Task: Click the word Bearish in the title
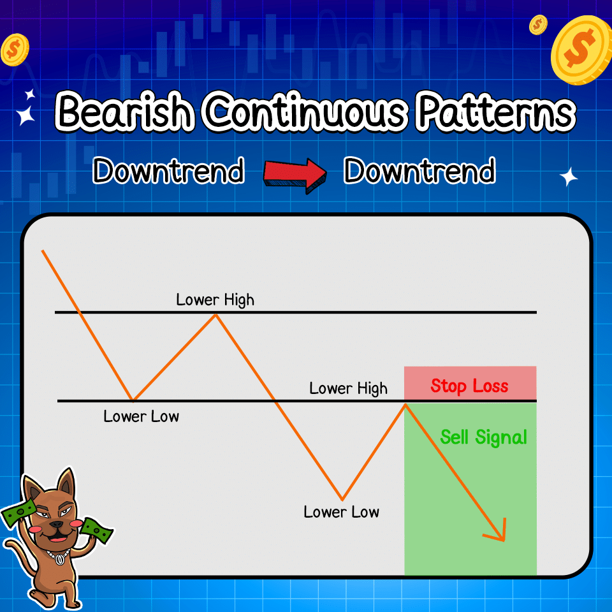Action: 124,113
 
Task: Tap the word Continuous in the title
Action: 305,113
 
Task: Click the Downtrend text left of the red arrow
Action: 168,171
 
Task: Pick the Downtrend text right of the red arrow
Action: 419,171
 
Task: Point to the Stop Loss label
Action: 469,386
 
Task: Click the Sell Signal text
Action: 483,437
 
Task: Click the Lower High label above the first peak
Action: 215,300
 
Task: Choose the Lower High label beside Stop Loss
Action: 348,388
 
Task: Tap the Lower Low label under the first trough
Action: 142,417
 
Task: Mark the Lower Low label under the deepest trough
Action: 341,512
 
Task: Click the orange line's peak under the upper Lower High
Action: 215,314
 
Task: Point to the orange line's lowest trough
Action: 342,499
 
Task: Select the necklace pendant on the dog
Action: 59,560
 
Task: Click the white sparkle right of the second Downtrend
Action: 568,177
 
